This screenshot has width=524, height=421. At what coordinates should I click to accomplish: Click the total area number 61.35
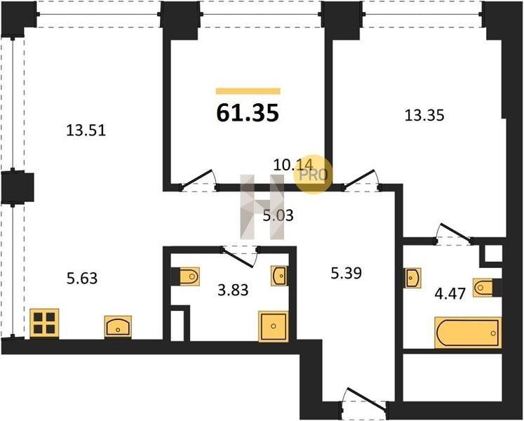[248, 113]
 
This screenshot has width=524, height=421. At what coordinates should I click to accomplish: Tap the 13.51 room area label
[86, 130]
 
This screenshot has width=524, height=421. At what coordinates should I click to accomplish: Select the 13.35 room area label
[424, 115]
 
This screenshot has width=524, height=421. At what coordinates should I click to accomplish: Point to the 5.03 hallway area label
[278, 215]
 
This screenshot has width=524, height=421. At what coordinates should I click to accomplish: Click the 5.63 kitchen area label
[82, 279]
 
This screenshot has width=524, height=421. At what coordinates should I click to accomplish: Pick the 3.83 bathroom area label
[233, 290]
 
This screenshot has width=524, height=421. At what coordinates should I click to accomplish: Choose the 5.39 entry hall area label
[347, 273]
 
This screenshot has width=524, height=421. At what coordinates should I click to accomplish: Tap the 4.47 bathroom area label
[450, 294]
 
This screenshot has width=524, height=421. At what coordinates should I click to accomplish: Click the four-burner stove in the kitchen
[44, 323]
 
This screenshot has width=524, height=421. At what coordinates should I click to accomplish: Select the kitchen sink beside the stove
[118, 327]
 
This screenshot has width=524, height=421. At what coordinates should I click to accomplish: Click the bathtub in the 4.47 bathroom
[468, 333]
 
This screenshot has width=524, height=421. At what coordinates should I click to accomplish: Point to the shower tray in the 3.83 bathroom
[274, 326]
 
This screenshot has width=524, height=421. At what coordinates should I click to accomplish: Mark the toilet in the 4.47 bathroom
[483, 287]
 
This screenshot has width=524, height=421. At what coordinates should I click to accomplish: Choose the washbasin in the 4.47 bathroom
[412, 278]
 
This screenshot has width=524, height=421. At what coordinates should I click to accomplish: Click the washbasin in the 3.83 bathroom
[279, 276]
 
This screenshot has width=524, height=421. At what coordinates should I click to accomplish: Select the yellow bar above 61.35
[248, 91]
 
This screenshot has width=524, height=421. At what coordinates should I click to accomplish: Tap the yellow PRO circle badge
[313, 175]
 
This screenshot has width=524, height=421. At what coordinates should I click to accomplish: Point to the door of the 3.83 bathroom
[239, 257]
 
